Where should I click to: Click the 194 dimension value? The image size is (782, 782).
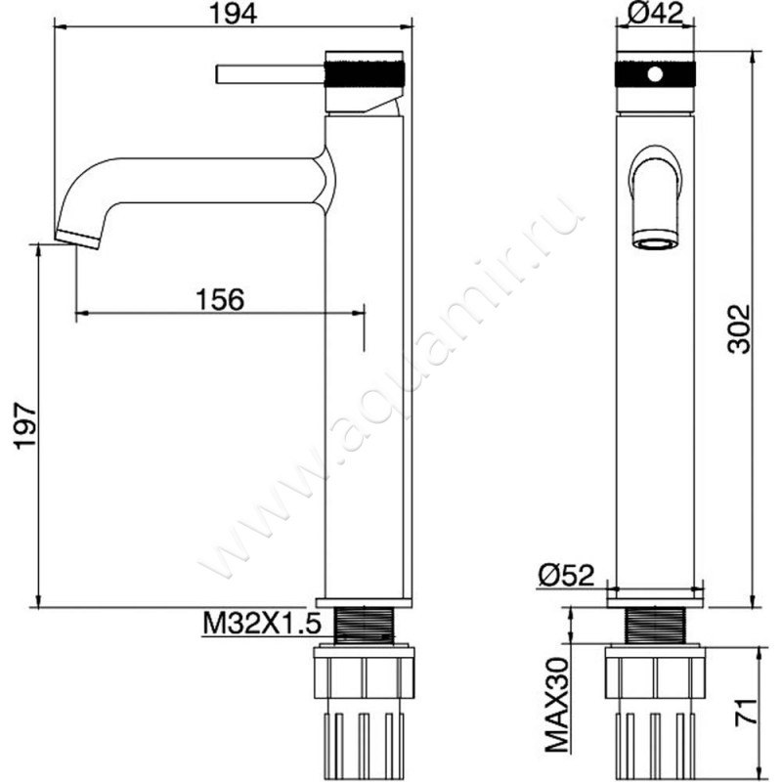(233, 14)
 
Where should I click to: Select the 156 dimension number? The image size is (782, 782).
(220, 300)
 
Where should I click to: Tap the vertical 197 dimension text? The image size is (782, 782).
(25, 426)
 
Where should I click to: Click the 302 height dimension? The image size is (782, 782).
(739, 328)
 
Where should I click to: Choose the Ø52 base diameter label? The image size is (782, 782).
(567, 576)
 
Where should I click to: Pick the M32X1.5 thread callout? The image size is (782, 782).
(261, 623)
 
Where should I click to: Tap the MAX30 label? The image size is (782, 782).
(557, 704)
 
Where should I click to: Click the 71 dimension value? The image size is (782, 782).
(745, 713)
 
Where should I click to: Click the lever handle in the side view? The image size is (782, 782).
(271, 74)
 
